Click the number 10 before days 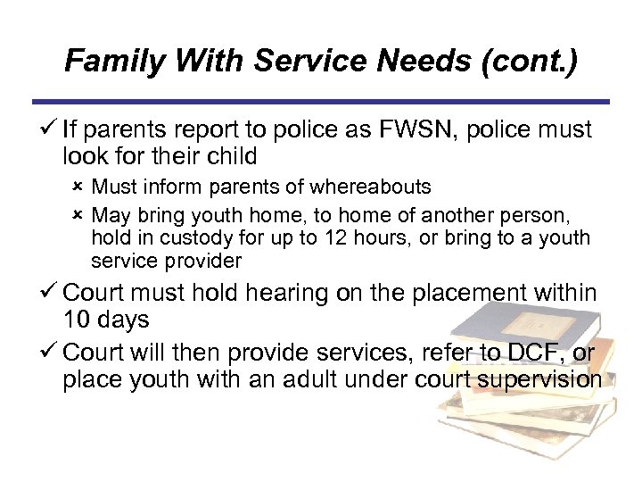point(78,319)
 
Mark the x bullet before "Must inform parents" point(78,187)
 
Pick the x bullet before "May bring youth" point(78,215)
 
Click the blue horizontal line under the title point(321,101)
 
